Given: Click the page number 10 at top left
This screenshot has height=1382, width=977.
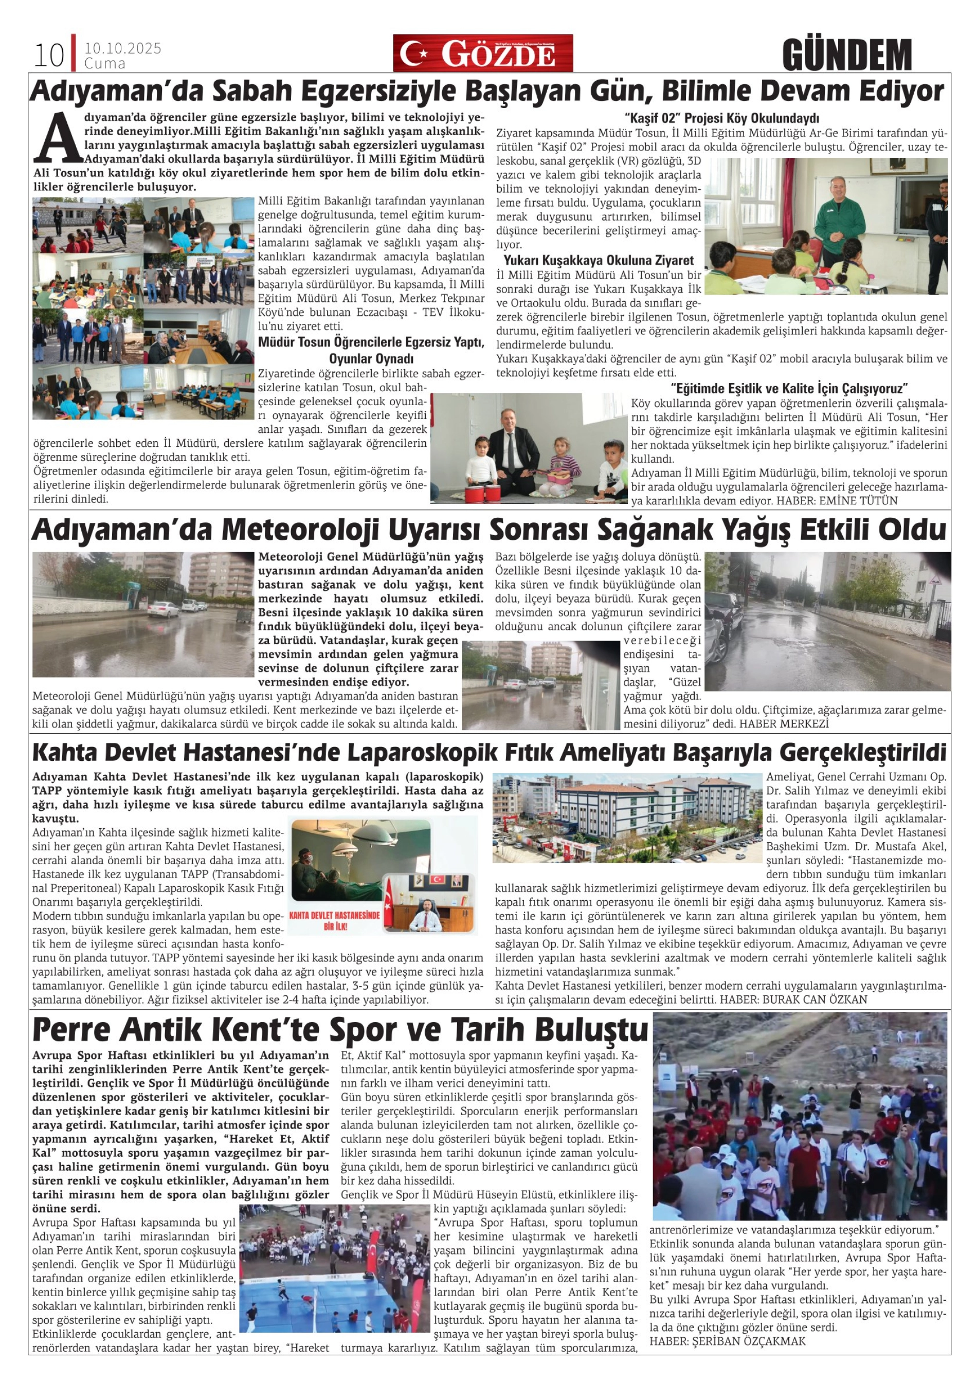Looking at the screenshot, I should pos(49,56).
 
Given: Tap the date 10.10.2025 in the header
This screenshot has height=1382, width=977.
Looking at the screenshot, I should pos(123,48).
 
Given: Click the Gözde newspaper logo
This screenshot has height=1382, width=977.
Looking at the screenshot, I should pos(483,53).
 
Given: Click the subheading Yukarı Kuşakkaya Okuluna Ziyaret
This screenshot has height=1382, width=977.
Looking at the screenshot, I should pos(599,261).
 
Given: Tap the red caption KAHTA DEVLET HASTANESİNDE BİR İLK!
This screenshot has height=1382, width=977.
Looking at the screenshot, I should pos(335,920).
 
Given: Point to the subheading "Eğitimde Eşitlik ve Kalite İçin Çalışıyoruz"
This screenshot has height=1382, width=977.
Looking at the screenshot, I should pos(789,388).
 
